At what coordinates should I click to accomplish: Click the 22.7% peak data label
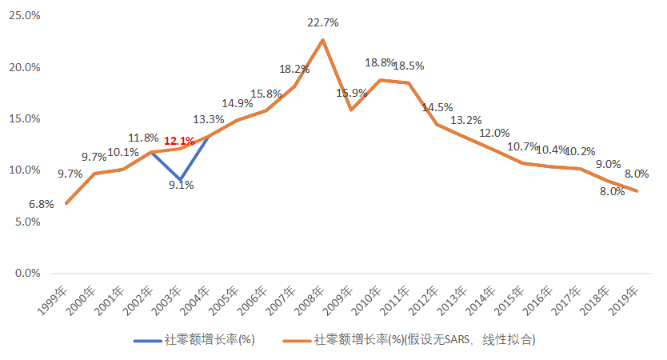click(x=322, y=23)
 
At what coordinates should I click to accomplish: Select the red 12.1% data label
click(x=179, y=142)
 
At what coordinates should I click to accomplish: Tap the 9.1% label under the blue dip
click(x=181, y=186)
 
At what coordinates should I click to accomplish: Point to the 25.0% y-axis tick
click(x=24, y=15)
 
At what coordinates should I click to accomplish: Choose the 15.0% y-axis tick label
click(x=24, y=118)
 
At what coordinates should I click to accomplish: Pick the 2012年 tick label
click(x=426, y=302)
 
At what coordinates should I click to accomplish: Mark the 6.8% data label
click(x=42, y=204)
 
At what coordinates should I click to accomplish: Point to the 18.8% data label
click(x=379, y=62)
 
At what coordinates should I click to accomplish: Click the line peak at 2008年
click(x=322, y=40)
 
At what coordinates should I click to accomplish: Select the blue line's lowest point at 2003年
click(x=181, y=179)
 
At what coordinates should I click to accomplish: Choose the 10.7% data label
click(x=523, y=147)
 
